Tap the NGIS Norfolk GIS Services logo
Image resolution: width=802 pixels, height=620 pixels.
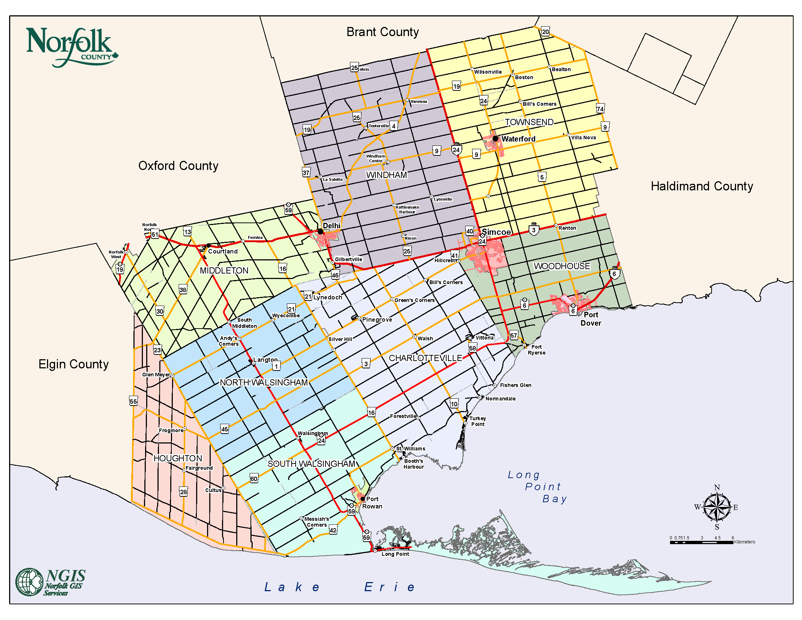(x=51, y=582)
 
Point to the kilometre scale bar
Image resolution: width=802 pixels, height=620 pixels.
(x=701, y=542)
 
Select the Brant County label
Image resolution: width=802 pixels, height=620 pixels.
(x=382, y=32)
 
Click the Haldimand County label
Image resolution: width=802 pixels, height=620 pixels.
(x=701, y=186)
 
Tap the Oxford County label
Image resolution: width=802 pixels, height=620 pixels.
(x=178, y=166)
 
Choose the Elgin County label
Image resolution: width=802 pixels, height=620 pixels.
(x=73, y=364)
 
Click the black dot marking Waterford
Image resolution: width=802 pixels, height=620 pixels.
(x=495, y=139)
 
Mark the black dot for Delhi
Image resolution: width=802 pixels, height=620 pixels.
(x=320, y=231)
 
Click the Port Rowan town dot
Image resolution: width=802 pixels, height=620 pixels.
(x=362, y=499)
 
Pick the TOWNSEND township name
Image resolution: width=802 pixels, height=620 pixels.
(x=529, y=122)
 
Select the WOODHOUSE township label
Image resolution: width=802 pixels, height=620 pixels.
(x=561, y=266)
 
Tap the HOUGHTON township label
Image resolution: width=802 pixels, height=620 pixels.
(x=178, y=458)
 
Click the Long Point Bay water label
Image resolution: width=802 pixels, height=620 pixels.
(x=538, y=487)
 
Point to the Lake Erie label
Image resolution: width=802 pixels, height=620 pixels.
(x=340, y=587)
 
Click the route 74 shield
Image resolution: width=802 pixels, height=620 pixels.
(x=600, y=109)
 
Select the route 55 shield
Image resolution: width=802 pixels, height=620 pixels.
(x=133, y=402)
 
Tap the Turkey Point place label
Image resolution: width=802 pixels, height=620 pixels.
(x=478, y=421)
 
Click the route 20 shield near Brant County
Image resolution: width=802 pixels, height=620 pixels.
(x=545, y=32)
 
